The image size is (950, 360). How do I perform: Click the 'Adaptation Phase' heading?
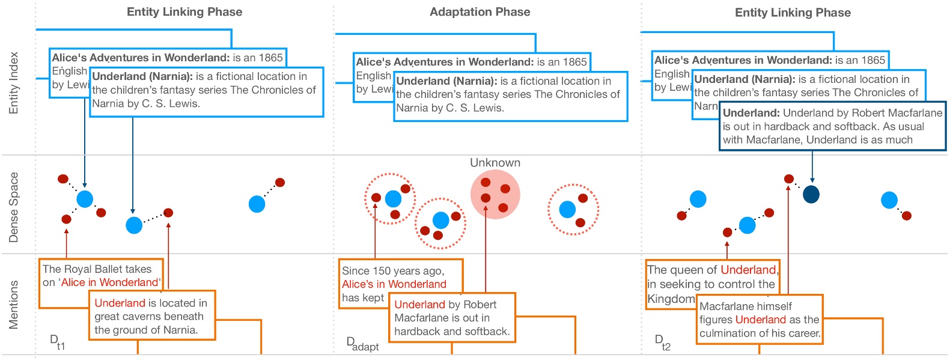480,12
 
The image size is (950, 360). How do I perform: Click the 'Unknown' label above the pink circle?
495,163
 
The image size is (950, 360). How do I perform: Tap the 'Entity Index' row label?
14,83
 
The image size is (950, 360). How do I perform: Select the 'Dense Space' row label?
14,207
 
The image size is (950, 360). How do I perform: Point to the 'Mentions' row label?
14,305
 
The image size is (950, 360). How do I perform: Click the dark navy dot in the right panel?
811,194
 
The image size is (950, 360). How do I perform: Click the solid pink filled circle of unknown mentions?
495,194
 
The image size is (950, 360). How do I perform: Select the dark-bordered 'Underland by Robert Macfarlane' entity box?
832,126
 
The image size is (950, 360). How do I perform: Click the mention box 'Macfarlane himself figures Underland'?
759,320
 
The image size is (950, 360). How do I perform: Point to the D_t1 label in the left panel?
57,342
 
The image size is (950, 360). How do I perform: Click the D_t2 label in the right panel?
662,342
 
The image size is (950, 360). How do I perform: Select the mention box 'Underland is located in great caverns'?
151,316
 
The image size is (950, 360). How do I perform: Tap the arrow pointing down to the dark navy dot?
812,166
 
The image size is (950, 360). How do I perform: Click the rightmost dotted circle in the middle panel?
573,209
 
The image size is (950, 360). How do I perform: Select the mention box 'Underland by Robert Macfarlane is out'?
452,318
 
